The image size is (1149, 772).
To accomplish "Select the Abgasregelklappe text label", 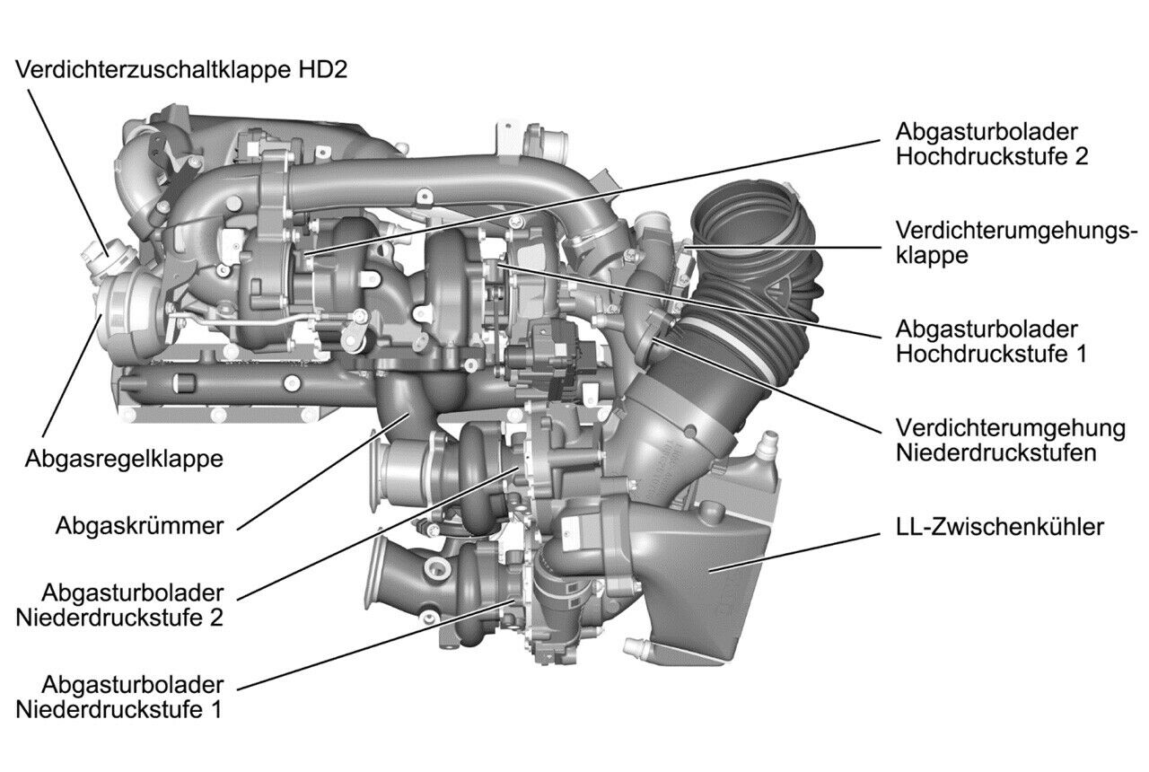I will pyautogui.click(x=125, y=459).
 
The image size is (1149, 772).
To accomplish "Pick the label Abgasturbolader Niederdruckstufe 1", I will pyautogui.click(x=132, y=697).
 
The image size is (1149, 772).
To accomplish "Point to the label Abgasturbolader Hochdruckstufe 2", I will pyautogui.click(x=992, y=143).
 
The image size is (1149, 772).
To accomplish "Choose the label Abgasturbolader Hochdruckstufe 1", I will pyautogui.click(x=991, y=340).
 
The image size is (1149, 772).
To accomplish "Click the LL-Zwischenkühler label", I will pyautogui.click(x=999, y=527).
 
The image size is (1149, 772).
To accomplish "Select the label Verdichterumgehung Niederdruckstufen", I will pyautogui.click(x=1010, y=439).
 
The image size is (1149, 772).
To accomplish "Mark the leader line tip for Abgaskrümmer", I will pyautogui.click(x=411, y=414).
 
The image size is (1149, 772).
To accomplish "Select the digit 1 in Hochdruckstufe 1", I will pyautogui.click(x=1080, y=353).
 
